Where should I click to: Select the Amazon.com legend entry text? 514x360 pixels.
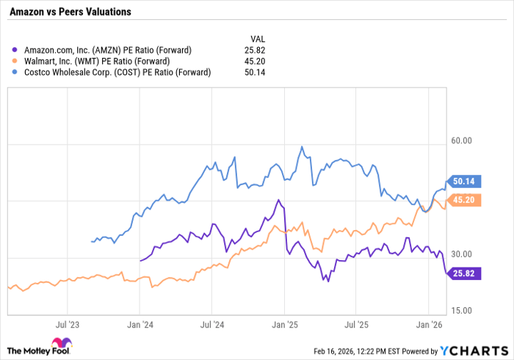pos(108,50)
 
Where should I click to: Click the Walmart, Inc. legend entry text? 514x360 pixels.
pos(97,61)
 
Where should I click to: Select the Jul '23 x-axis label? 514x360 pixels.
pos(68,323)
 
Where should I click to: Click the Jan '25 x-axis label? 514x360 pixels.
pos(284,323)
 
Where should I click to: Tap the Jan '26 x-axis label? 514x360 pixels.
pos(429,323)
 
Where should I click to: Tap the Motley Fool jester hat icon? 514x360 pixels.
pos(60,344)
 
